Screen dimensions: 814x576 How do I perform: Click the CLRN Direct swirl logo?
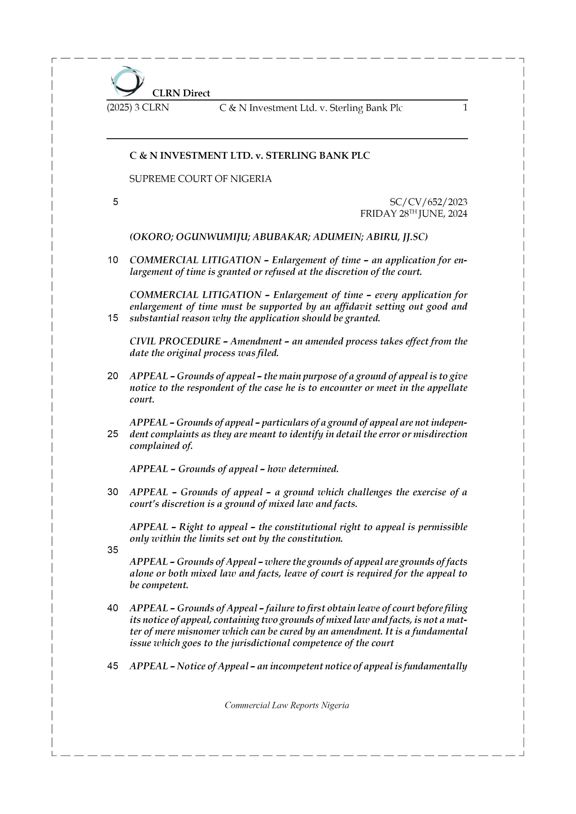pyautogui.click(x=127, y=81)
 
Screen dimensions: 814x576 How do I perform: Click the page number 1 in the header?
pyautogui.click(x=465, y=107)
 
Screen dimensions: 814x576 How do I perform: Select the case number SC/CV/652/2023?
pyautogui.click(x=428, y=202)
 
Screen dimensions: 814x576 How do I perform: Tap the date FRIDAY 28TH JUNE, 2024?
pyautogui.click(x=413, y=214)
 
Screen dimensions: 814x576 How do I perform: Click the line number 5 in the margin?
pyautogui.click(x=115, y=202)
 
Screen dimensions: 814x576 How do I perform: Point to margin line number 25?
pyautogui.click(x=113, y=434)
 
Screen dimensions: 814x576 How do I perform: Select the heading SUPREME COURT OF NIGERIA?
pyautogui.click(x=200, y=179)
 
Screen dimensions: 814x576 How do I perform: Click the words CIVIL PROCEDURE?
pyautogui.click(x=175, y=341)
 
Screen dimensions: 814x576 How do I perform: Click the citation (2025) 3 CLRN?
pyautogui.click(x=138, y=107)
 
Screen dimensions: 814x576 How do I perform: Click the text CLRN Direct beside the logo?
pyautogui.click(x=181, y=93)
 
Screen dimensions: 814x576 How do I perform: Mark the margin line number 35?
pyautogui.click(x=113, y=550)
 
